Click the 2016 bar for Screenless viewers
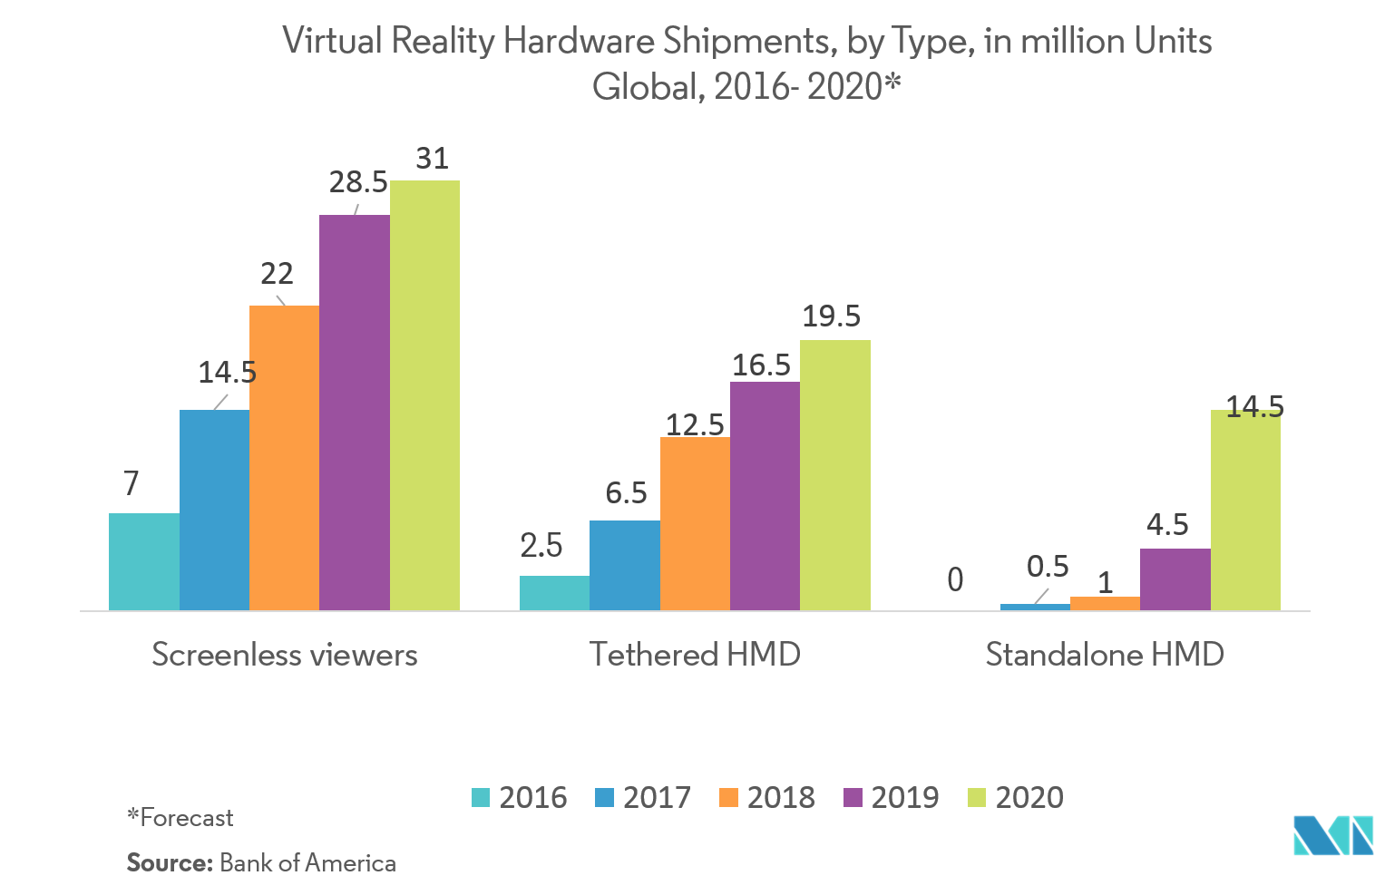pyautogui.click(x=144, y=561)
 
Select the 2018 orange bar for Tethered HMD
pyautogui.click(x=695, y=523)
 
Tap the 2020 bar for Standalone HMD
pyautogui.click(x=1245, y=510)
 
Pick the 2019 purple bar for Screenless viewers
pyautogui.click(x=355, y=413)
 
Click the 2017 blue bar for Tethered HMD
pyautogui.click(x=625, y=565)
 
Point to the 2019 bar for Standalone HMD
pyautogui.click(x=1175, y=579)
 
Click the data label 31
pyautogui.click(x=433, y=159)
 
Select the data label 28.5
pyautogui.click(x=358, y=182)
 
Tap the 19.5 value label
pyautogui.click(x=831, y=316)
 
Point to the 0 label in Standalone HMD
pyautogui.click(x=955, y=579)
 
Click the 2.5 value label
pyautogui.click(x=541, y=545)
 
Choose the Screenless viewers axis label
pyautogui.click(x=285, y=654)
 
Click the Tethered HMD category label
pyautogui.click(x=695, y=654)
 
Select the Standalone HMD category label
pyautogui.click(x=1105, y=654)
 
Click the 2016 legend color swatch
pyautogui.click(x=481, y=797)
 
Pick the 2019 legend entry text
pyautogui.click(x=904, y=797)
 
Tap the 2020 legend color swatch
pyautogui.click(x=977, y=797)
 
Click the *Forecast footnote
pyautogui.click(x=180, y=818)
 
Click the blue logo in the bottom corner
pyautogui.click(x=1332, y=835)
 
